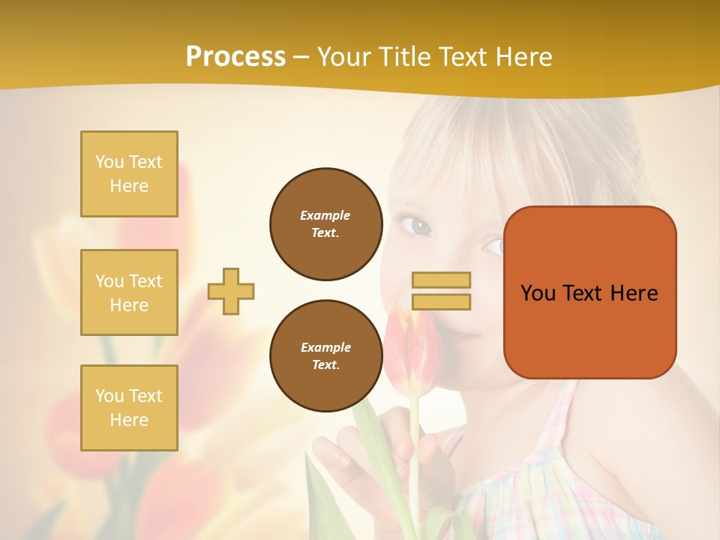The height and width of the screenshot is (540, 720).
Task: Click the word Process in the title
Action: click(x=235, y=57)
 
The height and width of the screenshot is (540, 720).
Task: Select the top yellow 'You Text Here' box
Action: click(x=129, y=174)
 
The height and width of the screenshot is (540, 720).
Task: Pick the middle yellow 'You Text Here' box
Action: click(x=129, y=292)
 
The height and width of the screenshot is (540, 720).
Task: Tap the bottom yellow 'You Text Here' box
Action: click(x=129, y=408)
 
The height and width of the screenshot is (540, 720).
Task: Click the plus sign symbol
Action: click(x=231, y=291)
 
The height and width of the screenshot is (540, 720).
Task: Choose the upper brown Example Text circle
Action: click(x=325, y=224)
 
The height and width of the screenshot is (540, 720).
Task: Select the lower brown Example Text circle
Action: click(x=325, y=356)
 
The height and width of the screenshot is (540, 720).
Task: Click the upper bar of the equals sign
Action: click(x=441, y=280)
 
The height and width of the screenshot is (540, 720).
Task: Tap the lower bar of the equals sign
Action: click(x=441, y=302)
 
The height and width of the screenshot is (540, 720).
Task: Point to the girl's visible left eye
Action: click(x=416, y=224)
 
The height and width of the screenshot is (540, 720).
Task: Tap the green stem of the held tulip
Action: click(x=413, y=450)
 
